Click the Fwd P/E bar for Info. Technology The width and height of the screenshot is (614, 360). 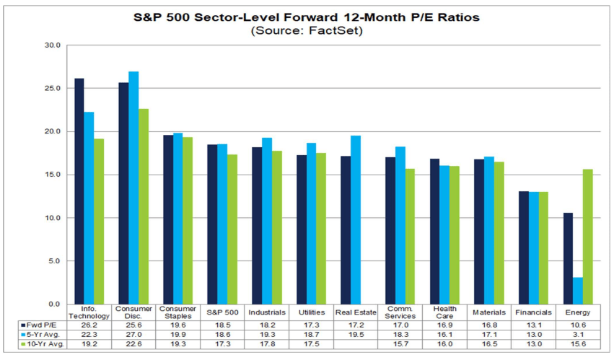[x=79, y=191]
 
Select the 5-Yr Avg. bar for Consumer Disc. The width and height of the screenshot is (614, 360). [x=134, y=188]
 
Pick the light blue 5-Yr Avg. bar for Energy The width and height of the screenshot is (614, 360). [x=578, y=291]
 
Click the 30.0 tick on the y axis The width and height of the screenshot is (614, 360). [x=53, y=45]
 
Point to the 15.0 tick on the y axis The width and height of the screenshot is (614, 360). [x=53, y=175]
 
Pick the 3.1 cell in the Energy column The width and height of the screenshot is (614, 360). [x=579, y=335]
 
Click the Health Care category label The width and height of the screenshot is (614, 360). [x=444, y=312]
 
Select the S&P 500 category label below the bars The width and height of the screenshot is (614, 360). [x=222, y=312]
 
